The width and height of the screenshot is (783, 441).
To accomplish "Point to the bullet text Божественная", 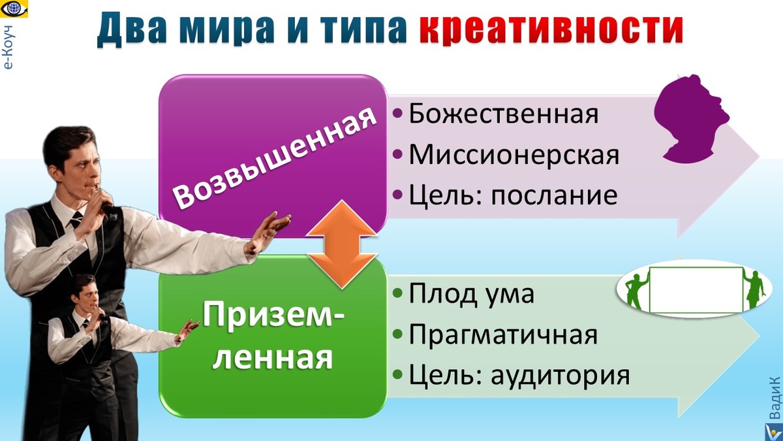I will point(503,114).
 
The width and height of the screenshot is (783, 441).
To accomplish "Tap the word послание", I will point(554,195).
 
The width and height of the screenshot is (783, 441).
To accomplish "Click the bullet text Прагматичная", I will point(502,335).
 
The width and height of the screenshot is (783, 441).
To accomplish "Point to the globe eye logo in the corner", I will point(12,10).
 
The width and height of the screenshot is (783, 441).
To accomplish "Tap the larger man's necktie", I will point(76,222).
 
